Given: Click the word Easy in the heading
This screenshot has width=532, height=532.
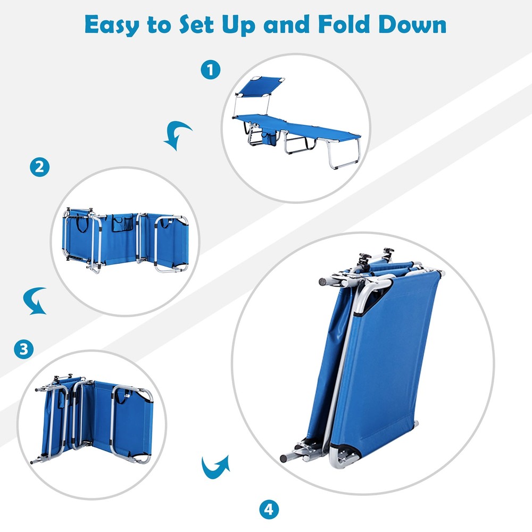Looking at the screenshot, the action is (x=112, y=25).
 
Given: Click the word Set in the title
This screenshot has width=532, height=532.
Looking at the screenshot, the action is (x=196, y=24).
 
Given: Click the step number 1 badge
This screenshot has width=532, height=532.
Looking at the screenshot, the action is (x=210, y=70).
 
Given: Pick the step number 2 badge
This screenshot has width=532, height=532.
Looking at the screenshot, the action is (x=40, y=167).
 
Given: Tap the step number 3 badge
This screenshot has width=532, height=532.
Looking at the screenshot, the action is (x=24, y=349).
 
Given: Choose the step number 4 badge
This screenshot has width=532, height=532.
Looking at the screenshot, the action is (x=269, y=510).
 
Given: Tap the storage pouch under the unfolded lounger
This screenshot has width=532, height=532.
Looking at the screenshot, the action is (x=269, y=139).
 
